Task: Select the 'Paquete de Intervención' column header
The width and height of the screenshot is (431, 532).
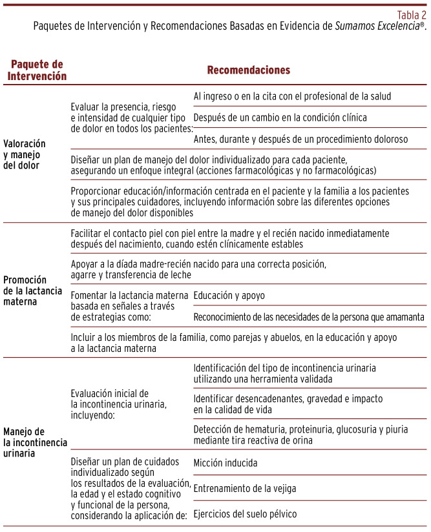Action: [x=38, y=70]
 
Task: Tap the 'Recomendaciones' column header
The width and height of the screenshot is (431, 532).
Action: [x=248, y=70]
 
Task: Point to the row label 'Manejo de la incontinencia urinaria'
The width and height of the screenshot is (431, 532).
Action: [x=31, y=442]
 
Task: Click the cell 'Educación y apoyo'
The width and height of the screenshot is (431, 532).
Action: [x=229, y=295]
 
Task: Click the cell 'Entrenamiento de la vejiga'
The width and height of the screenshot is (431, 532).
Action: [x=245, y=488]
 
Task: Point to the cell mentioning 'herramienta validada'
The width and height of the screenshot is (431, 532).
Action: [x=284, y=373]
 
